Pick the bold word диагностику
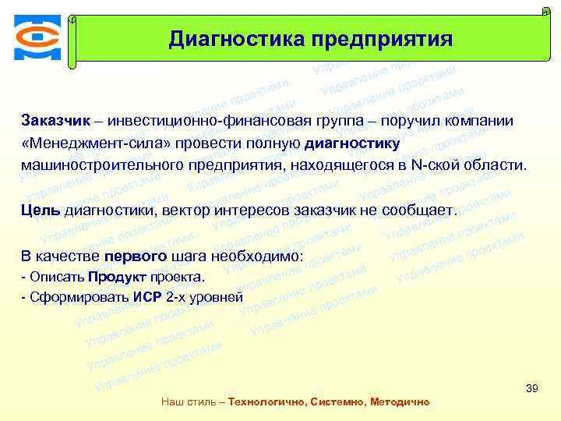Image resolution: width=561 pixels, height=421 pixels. pyautogui.click(x=352, y=144)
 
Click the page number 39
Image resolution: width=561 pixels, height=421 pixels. pyautogui.click(x=533, y=388)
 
